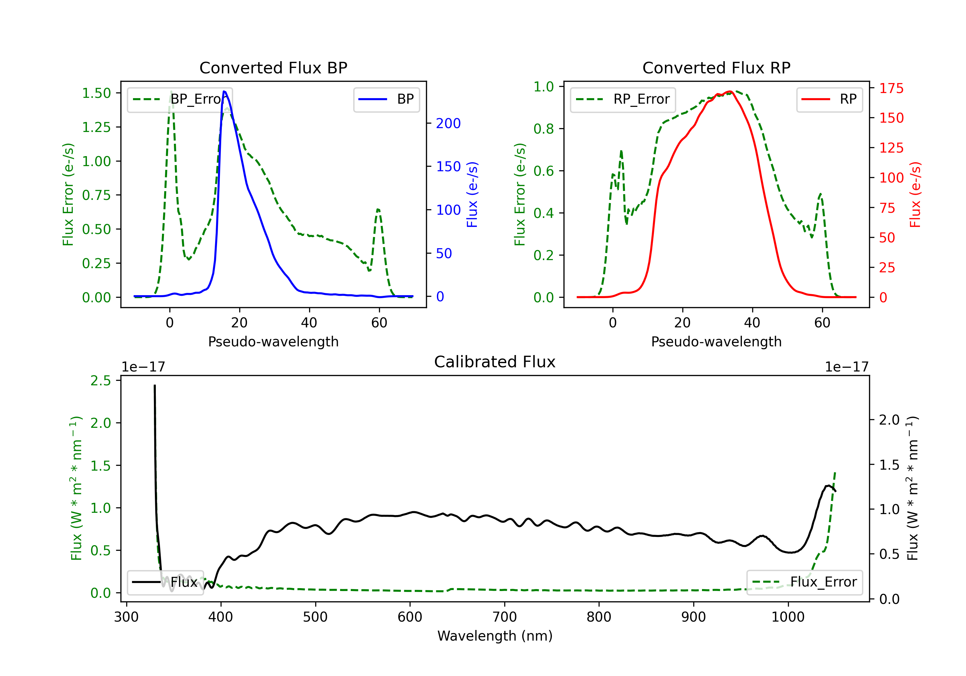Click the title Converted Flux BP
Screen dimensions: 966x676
[273, 68]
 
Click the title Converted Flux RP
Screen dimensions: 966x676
[716, 68]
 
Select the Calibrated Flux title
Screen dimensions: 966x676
[495, 362]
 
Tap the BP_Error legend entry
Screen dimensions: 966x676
[180, 99]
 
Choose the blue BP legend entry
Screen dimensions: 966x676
[386, 99]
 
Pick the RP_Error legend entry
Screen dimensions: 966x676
[623, 99]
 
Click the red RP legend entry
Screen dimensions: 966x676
[829, 99]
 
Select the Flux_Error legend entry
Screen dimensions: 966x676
[804, 582]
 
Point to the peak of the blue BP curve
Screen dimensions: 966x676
[224, 91]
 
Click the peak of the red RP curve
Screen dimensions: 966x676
[730, 92]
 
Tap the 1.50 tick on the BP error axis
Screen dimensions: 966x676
[96, 93]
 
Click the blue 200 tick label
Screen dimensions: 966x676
[449, 123]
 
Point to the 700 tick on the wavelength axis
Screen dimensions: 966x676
[505, 617]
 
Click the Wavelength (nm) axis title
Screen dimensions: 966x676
[495, 636]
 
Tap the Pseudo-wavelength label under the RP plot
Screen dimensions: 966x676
[716, 342]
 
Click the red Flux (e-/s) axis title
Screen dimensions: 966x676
[915, 195]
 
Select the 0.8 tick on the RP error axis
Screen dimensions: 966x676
[544, 129]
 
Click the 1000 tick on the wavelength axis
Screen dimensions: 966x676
[788, 617]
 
